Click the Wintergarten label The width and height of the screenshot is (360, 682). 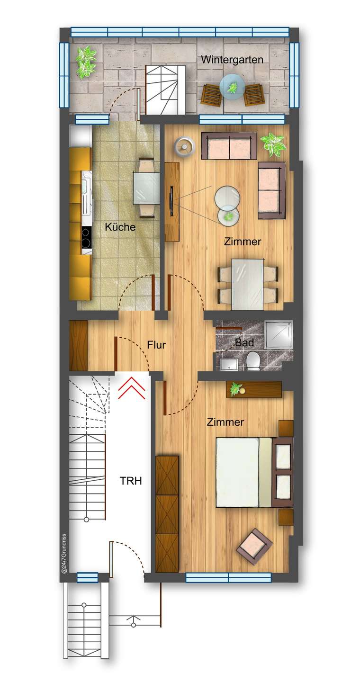pos(232,60)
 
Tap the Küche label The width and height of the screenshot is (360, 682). pos(120,227)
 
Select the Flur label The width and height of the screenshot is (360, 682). pos(156,345)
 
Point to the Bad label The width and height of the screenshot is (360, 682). pos(244,342)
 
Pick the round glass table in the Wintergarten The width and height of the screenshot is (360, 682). pos(232,87)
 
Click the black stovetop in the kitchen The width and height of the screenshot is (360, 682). pos(86,237)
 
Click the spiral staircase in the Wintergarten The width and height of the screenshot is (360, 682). pos(164,89)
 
